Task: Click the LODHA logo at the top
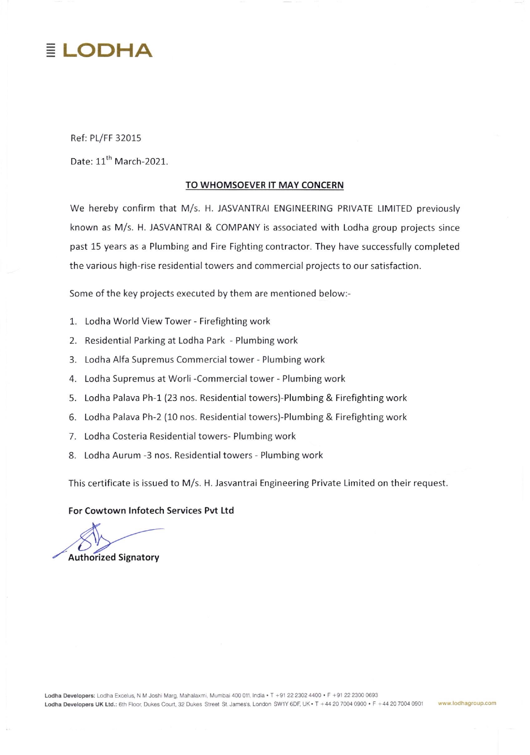pos(100,50)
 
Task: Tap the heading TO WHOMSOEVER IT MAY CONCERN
pos(265,185)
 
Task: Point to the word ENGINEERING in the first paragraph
pos(303,208)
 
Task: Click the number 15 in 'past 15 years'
pos(96,247)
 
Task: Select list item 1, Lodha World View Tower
pos(177,321)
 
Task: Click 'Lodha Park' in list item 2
pos(201,341)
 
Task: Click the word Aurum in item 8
pos(127,455)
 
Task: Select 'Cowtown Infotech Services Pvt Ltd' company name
pos(159,510)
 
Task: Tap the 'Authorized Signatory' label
pos(113,557)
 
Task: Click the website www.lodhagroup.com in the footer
pos(467,703)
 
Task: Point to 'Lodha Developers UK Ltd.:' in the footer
pos(81,704)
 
